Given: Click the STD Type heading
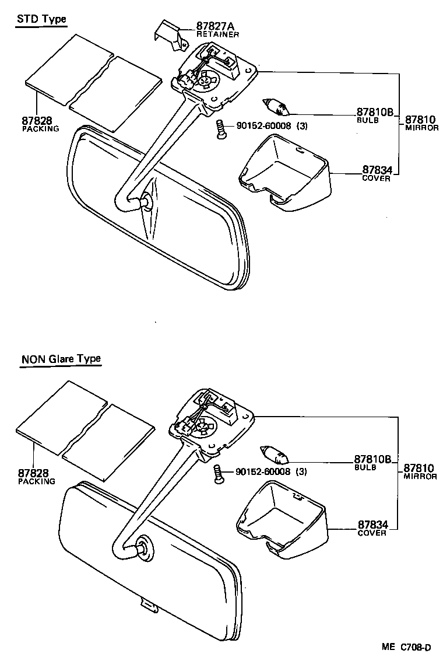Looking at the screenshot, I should pos(41,19).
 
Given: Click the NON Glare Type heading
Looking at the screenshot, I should pos(61,358).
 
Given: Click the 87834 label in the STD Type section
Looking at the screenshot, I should pos(375,170).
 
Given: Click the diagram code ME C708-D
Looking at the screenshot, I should pos(406,647).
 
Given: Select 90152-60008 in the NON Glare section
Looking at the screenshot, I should pos(263,471).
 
